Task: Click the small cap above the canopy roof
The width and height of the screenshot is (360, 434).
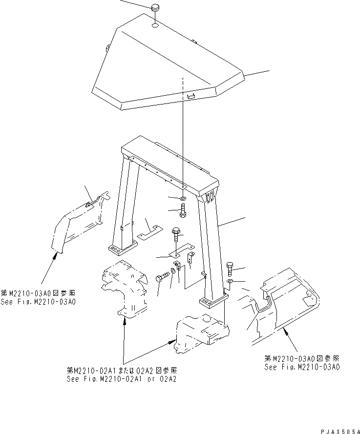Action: tap(156, 9)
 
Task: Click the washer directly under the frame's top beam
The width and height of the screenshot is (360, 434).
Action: tap(182, 199)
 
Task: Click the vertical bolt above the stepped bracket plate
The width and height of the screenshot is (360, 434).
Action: tap(175, 237)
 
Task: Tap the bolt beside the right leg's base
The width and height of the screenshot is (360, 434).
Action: tap(230, 268)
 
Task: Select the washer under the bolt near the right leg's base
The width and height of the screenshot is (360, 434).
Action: tap(230, 282)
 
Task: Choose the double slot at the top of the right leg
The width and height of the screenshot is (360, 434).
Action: tap(210, 197)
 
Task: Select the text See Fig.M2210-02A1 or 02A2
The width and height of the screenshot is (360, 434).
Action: tap(123, 378)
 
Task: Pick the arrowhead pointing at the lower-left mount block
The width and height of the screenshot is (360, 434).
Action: tap(126, 320)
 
